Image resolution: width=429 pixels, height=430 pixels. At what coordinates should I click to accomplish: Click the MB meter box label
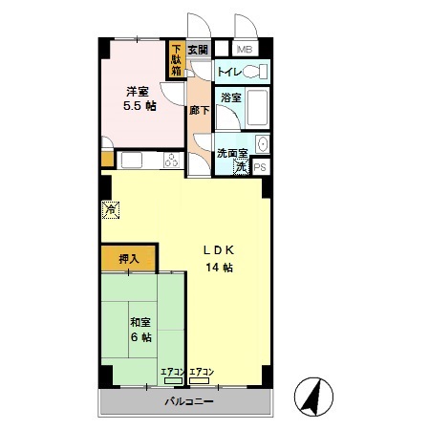click(244, 49)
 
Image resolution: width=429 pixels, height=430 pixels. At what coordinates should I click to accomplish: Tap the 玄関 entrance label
click(198, 50)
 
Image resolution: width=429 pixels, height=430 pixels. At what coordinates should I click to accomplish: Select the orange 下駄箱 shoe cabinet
click(177, 58)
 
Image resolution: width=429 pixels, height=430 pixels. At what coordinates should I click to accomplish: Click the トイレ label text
click(229, 73)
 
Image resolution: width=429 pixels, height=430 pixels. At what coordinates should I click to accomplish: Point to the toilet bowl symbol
click(255, 73)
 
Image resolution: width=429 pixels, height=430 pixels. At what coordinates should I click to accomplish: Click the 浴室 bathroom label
click(230, 97)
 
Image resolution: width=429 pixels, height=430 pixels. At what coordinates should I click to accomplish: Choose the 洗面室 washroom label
click(231, 153)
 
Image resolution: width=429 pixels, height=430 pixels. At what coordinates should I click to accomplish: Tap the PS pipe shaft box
click(261, 166)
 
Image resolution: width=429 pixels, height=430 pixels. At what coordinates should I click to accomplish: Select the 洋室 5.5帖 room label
click(138, 99)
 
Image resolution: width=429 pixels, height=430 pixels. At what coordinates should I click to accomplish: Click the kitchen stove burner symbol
click(172, 160)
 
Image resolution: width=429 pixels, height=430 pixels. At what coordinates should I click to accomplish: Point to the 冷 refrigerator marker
click(111, 207)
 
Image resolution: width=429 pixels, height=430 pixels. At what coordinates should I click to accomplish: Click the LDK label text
click(218, 250)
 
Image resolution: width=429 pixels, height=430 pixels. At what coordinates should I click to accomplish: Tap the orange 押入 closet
click(129, 258)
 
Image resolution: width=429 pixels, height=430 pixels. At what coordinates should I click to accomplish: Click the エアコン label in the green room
click(172, 373)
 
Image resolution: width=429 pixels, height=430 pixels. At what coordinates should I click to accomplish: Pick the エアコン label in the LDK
click(202, 373)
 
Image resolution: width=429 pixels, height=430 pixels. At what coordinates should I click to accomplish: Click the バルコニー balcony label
click(186, 401)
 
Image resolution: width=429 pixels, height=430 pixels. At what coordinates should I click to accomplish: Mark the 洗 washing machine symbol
click(242, 167)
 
